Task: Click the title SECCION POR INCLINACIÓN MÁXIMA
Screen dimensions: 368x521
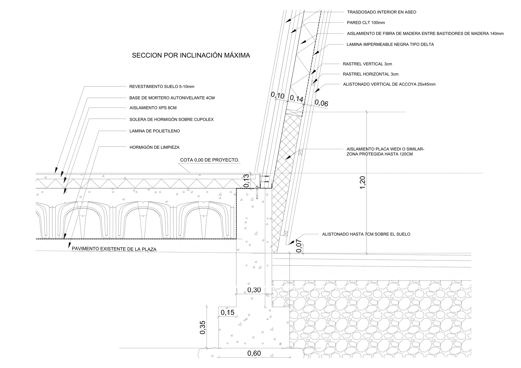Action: pyautogui.click(x=191, y=55)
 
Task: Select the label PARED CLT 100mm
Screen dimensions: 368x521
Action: pyautogui.click(x=366, y=23)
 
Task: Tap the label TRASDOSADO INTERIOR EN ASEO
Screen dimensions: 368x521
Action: pyautogui.click(x=381, y=12)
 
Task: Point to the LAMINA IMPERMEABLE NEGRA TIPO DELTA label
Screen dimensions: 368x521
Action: pyautogui.click(x=390, y=45)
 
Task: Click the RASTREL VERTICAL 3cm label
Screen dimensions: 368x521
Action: pyautogui.click(x=367, y=64)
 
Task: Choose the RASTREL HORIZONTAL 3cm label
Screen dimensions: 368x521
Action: pyautogui.click(x=370, y=74)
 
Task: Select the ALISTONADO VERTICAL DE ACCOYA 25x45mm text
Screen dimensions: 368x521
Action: pyautogui.click(x=389, y=84)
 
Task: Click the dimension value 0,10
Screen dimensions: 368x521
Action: pyautogui.click(x=278, y=95)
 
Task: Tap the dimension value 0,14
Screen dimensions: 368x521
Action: pyautogui.click(x=296, y=99)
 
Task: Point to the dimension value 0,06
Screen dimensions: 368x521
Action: pyautogui.click(x=321, y=103)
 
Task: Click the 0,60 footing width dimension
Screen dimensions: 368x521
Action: pyautogui.click(x=254, y=353)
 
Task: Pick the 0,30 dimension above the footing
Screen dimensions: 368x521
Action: pyautogui.click(x=254, y=290)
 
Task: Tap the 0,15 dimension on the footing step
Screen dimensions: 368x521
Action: pyautogui.click(x=227, y=312)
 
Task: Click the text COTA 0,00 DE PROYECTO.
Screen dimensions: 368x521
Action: pyautogui.click(x=210, y=160)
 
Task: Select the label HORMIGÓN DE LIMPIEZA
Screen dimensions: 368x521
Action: pyautogui.click(x=154, y=147)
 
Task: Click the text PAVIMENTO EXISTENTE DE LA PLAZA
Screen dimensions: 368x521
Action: pyautogui.click(x=114, y=249)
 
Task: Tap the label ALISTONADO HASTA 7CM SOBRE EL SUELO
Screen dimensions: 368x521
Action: pyautogui.click(x=366, y=234)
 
